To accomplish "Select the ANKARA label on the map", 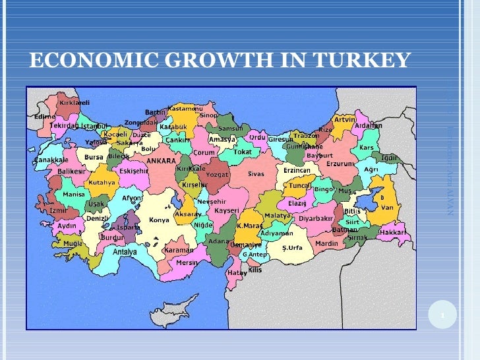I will pos(161,160).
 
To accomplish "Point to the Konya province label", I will pos(159,220).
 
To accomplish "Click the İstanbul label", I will pos(94,125).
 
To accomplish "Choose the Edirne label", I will pos(45,117).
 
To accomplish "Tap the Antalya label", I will pos(125,251).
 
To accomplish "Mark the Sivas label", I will pos(256,174).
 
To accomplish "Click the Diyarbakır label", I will pos(316,218).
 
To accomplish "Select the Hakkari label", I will pos(392,232).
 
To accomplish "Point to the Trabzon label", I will pos(306,136).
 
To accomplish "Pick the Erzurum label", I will pos(341,164).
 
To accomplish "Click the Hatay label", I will pos(237,272).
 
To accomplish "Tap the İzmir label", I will pos(59,210).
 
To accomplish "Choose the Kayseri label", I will pos(226,210).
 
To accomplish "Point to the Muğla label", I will pos(73,243).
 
